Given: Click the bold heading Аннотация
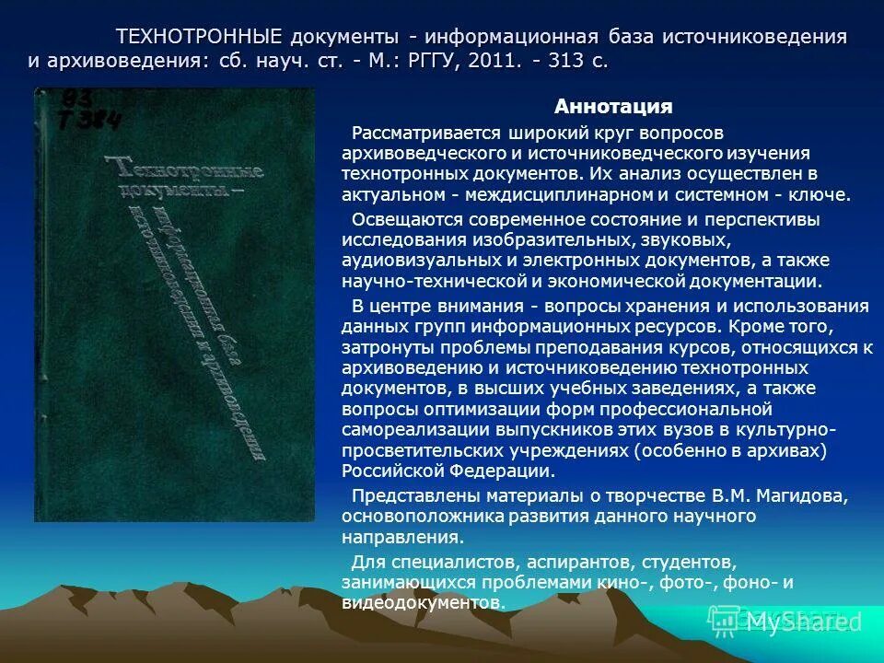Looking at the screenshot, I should tap(612, 107).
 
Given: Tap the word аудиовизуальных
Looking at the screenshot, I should tap(406, 261).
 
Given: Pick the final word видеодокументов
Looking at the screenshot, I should tap(422, 602).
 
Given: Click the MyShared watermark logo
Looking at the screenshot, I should tap(799, 622).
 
